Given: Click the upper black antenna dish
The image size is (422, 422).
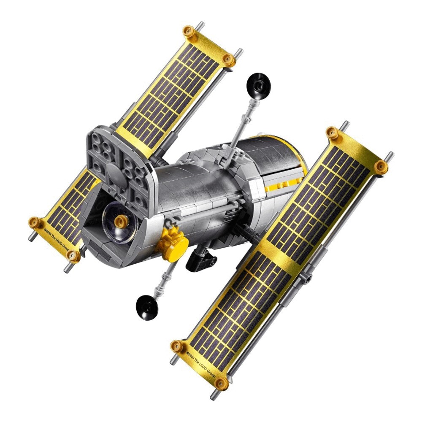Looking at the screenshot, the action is [x=258, y=86].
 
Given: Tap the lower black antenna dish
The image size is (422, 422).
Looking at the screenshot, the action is [x=147, y=307].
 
